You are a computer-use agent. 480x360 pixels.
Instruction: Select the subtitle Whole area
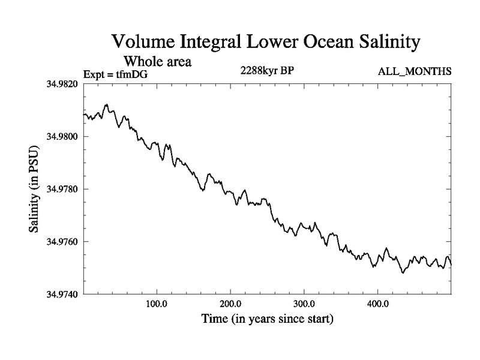[x=157, y=61]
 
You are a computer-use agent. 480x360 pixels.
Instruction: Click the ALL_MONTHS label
[x=414, y=72]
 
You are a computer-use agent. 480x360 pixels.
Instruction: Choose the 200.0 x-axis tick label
[x=230, y=304]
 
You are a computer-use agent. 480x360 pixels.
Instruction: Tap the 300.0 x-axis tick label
[x=304, y=304]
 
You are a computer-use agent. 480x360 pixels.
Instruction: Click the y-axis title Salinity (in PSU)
[x=35, y=189]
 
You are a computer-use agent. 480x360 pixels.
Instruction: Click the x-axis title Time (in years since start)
[x=266, y=319]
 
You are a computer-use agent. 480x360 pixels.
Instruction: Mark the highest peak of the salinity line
[x=106, y=104]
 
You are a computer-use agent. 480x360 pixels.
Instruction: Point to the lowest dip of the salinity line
[x=403, y=273]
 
